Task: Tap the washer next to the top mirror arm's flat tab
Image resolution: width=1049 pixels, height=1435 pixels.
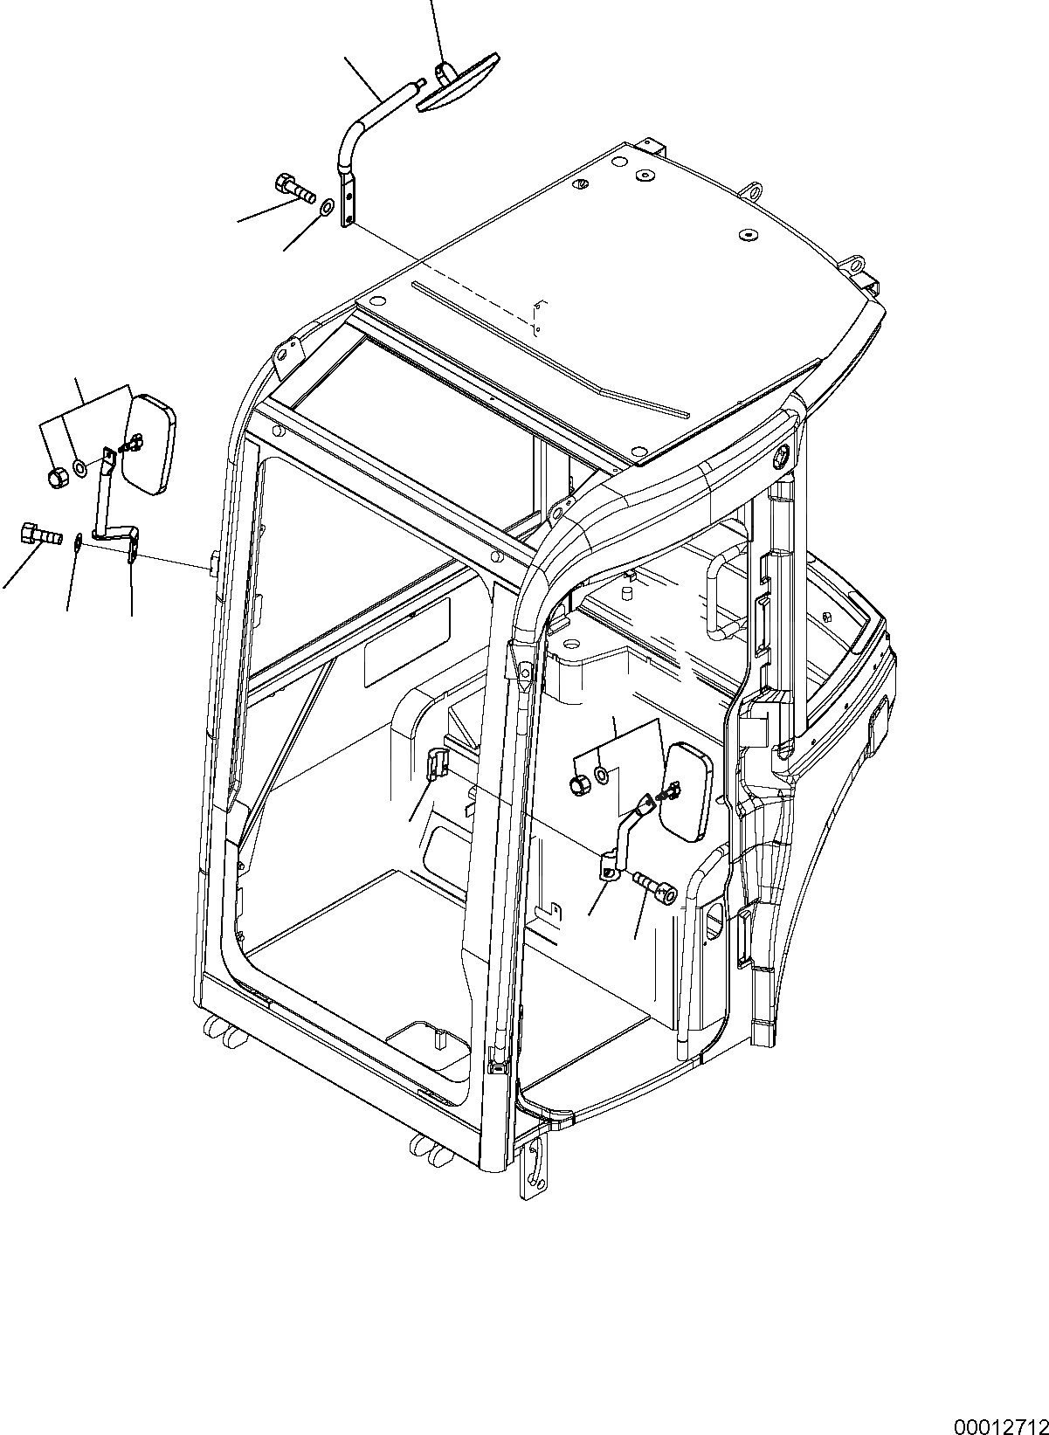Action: click(326, 209)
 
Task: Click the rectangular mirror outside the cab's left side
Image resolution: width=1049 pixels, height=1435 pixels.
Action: click(149, 445)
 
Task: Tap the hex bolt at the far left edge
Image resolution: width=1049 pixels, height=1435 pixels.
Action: click(35, 534)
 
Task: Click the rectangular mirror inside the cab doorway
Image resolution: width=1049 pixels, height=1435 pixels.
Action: click(687, 791)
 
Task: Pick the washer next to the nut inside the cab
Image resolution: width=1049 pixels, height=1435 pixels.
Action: click(603, 774)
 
